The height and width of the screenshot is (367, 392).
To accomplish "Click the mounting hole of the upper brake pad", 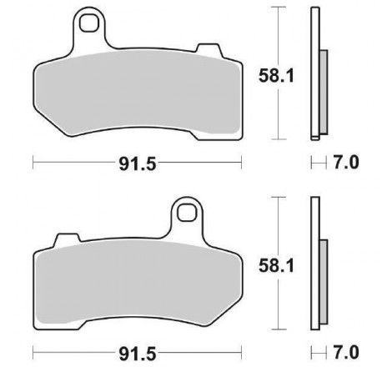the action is tap(89, 23).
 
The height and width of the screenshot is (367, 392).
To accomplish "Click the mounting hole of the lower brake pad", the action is tap(187, 213).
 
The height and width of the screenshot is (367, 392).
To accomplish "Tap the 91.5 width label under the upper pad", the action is tap(138, 163).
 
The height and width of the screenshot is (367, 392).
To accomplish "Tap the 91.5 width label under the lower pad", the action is tap(138, 354).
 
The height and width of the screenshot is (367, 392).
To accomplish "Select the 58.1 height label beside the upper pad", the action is tap(276, 76).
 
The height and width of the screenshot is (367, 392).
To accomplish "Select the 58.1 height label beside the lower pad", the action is tap(276, 266).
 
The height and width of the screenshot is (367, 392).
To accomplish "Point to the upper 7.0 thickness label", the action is tap(346, 163).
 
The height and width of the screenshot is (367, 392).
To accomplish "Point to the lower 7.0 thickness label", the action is tap(346, 353).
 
